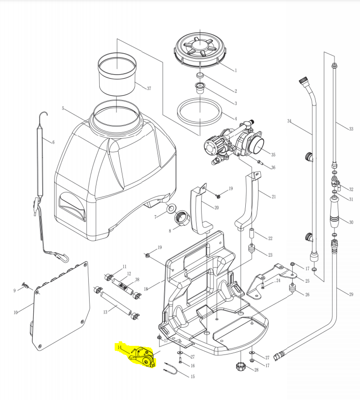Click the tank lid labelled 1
click(201, 47)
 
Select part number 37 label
click(148, 88)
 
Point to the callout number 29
click(351, 294)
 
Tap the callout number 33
click(351, 129)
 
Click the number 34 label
click(289, 121)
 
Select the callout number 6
click(53, 142)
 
